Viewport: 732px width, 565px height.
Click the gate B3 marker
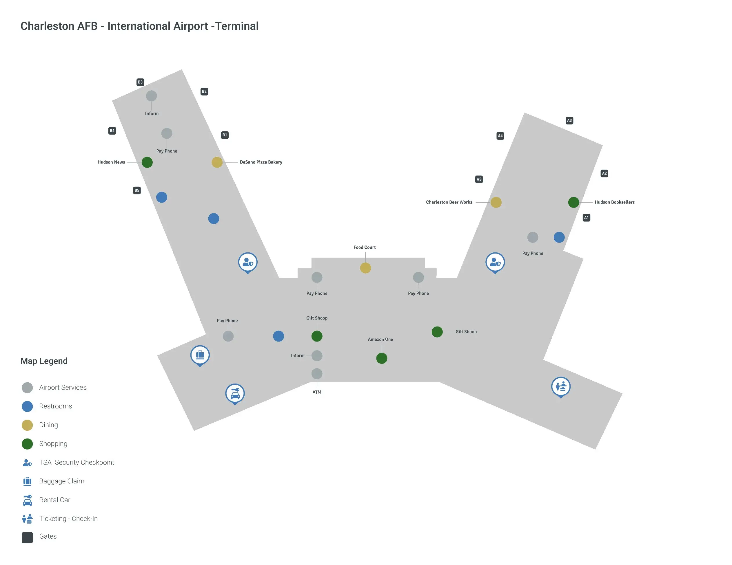(x=140, y=82)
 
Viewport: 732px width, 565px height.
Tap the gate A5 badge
(x=479, y=179)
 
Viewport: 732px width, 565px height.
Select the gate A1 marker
(x=586, y=218)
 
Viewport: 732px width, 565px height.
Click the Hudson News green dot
(x=147, y=162)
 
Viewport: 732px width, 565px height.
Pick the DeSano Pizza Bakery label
(x=261, y=162)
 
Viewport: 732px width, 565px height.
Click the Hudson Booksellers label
(x=614, y=202)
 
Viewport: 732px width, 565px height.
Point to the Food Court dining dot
(x=365, y=268)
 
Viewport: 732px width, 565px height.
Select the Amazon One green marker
(x=382, y=358)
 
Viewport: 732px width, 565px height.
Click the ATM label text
(x=317, y=392)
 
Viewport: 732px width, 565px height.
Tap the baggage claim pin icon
(x=200, y=355)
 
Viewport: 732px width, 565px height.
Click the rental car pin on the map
(x=235, y=393)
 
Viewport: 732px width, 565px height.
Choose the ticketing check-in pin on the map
(x=561, y=387)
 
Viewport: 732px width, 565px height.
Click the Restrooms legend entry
(x=55, y=406)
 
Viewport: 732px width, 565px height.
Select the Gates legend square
(x=27, y=538)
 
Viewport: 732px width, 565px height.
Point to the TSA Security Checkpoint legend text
(x=77, y=462)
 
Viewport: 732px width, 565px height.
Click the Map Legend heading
(x=44, y=361)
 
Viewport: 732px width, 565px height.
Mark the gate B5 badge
(x=137, y=190)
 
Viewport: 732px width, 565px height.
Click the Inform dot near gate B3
(x=151, y=96)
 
